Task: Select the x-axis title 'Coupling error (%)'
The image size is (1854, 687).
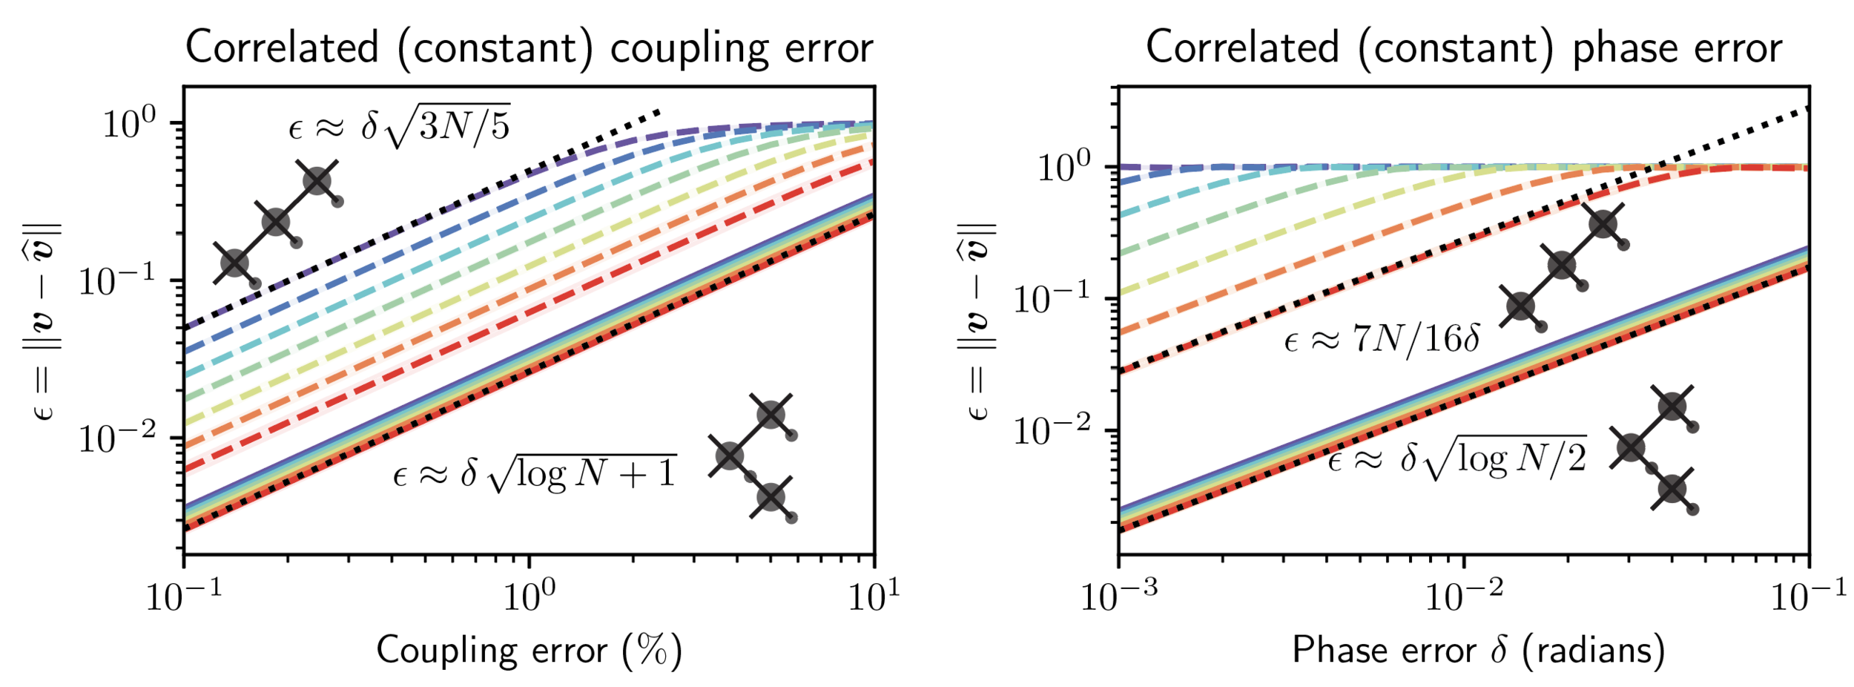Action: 529,651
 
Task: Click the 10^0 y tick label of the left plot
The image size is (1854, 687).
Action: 129,122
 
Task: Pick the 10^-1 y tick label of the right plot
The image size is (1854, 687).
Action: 1054,298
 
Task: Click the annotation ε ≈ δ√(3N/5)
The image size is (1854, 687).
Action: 399,125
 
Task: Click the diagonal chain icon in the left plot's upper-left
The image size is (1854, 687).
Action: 277,221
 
